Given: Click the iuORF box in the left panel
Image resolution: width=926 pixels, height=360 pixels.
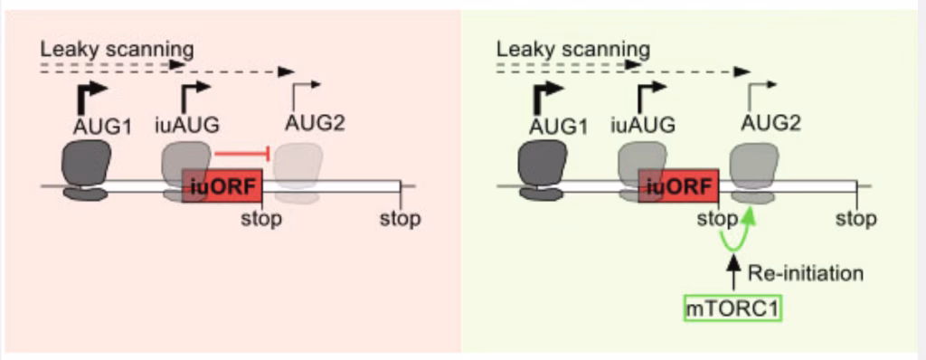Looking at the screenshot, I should click(222, 185).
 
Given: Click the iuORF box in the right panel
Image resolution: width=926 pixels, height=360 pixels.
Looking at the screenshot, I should click(679, 185).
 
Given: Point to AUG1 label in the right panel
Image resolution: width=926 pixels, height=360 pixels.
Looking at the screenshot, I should click(559, 127).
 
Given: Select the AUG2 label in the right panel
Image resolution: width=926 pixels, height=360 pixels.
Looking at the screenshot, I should click(770, 122).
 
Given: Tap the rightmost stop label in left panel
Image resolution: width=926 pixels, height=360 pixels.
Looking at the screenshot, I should click(400, 219).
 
